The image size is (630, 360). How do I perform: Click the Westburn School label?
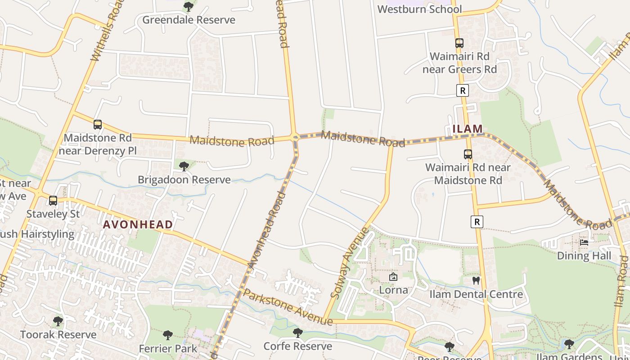click(419, 9)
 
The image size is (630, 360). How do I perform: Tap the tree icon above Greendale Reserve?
click(189, 7)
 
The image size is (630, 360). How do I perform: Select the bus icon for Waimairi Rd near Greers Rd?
click(459, 43)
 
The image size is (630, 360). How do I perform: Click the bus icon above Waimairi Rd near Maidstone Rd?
click(468, 154)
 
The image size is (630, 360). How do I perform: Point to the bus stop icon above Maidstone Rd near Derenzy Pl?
click(98, 125)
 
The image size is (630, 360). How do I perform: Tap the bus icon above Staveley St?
click(53, 201)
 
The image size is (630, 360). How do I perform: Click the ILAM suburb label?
click(468, 129)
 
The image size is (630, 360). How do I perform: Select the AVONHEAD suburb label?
click(138, 225)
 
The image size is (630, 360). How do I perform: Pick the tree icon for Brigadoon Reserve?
click(184, 166)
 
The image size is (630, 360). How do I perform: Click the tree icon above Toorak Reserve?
click(58, 321)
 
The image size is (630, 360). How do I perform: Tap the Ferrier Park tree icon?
click(168, 335)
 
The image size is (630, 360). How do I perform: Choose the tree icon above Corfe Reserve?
click(297, 333)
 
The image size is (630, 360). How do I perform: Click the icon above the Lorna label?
click(393, 277)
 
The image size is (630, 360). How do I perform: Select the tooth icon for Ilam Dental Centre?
click(476, 281)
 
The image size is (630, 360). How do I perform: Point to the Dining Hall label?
click(584, 256)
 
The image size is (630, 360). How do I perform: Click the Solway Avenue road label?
click(349, 263)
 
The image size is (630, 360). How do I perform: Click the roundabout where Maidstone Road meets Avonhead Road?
click(295, 137)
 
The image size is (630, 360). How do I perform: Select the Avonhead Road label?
click(266, 230)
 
